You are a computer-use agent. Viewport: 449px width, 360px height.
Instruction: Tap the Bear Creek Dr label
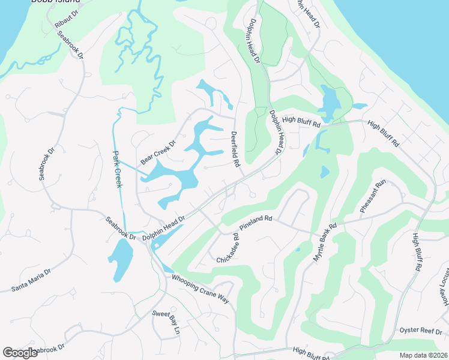tap(157, 153)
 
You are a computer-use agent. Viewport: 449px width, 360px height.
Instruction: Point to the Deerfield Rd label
tap(235, 149)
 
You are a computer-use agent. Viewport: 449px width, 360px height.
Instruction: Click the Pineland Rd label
tap(256, 223)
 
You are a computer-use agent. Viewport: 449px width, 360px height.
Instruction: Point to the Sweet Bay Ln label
tap(166, 322)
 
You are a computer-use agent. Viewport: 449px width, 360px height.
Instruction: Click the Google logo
tap(20, 353)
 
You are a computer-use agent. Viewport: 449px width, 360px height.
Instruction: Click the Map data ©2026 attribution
tap(423, 355)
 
